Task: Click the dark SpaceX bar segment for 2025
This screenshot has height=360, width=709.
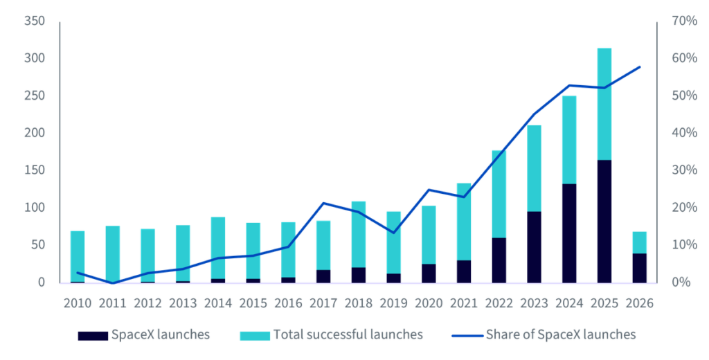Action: (x=604, y=222)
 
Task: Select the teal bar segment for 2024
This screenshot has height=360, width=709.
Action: (x=569, y=140)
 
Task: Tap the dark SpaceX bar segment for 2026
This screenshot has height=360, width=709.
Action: (x=639, y=268)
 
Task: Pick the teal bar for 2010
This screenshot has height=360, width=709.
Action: (x=78, y=256)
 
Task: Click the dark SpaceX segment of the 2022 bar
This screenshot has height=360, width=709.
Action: (x=499, y=260)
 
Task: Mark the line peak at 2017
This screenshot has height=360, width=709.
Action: (x=323, y=203)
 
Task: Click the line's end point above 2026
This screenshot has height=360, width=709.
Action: (x=639, y=67)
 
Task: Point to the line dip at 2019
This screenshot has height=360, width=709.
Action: (x=393, y=233)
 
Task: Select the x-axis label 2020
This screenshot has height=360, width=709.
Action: (x=429, y=303)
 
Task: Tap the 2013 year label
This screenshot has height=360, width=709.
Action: (x=183, y=303)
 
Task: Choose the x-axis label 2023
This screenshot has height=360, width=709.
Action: (x=534, y=303)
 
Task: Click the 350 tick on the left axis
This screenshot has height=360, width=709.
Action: (x=35, y=21)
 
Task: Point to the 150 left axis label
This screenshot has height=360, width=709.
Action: (x=35, y=170)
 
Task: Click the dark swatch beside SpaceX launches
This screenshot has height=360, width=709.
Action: (x=93, y=336)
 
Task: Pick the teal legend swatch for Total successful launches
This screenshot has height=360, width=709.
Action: (x=255, y=336)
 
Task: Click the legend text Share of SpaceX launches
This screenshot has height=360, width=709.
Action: (x=561, y=334)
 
